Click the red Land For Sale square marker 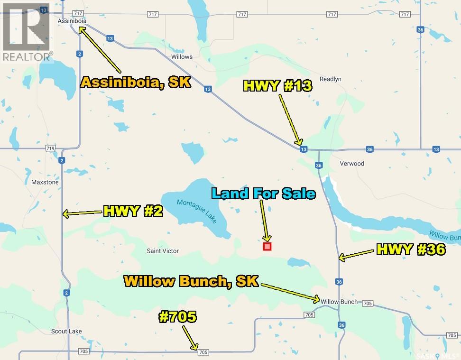click(x=267, y=246)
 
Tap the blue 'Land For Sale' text click(x=264, y=194)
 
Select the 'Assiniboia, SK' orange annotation click(x=136, y=82)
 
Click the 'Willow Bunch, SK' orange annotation click(x=191, y=281)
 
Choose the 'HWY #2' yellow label click(x=133, y=212)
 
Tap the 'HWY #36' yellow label click(x=411, y=250)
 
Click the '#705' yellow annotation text click(x=177, y=317)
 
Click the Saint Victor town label click(x=161, y=250)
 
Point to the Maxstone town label click(x=44, y=182)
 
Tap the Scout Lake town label click(x=66, y=331)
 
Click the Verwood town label click(x=352, y=164)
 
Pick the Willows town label click(x=182, y=57)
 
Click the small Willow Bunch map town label click(x=339, y=302)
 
